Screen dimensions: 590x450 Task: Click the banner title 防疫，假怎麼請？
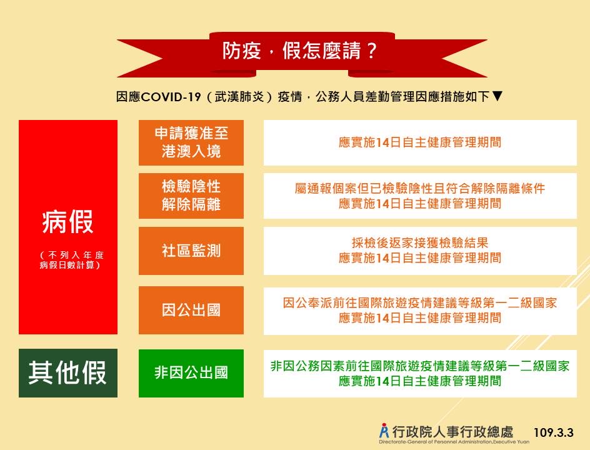pyautogui.click(x=299, y=51)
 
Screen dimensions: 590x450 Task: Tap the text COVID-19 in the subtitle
pyautogui.click(x=171, y=97)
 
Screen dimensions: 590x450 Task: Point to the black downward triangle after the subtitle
pyautogui.click(x=497, y=96)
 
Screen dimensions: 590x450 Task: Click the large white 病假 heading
pyautogui.click(x=67, y=222)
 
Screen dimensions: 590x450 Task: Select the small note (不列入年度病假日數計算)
pyautogui.click(x=71, y=260)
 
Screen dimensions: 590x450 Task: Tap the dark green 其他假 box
pyautogui.click(x=68, y=373)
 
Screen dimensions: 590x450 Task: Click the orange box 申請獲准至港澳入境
pyautogui.click(x=191, y=142)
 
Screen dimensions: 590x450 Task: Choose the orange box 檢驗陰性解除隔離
pyautogui.click(x=191, y=196)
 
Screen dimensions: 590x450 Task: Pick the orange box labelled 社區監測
pyautogui.click(x=191, y=251)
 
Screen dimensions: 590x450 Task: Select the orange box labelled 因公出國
pyautogui.click(x=191, y=310)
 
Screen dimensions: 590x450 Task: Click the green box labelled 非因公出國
pyautogui.click(x=191, y=373)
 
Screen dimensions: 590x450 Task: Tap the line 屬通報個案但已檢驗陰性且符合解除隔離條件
pyautogui.click(x=420, y=188)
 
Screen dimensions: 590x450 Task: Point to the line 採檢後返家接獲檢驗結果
pyautogui.click(x=420, y=242)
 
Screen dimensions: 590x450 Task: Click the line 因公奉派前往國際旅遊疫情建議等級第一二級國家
pyautogui.click(x=420, y=303)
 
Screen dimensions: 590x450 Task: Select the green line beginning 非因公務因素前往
pyautogui.click(x=420, y=366)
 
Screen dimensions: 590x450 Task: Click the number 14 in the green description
pyautogui.click(x=382, y=381)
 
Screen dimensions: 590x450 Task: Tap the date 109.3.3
pyautogui.click(x=554, y=432)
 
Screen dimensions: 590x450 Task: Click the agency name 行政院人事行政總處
pyautogui.click(x=452, y=432)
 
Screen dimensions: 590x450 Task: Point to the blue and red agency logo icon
pyautogui.click(x=384, y=431)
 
